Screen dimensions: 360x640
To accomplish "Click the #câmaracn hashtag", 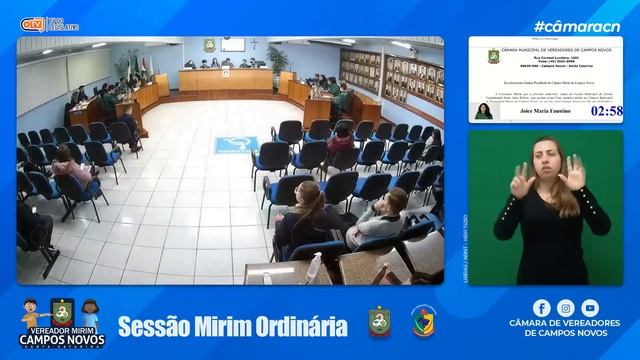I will coord(570,26).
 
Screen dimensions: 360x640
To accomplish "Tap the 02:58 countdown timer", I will coord(606,111).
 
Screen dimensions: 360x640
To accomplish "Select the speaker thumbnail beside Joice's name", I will coord(484,110).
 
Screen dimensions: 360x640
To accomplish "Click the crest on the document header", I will coord(493,56).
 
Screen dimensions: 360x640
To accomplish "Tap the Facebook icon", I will coord(541,308).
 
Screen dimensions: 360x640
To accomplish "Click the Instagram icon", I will coord(566,308).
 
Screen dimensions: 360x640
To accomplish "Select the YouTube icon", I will coord(590,308).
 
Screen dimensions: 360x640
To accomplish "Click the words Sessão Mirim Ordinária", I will coord(233,326).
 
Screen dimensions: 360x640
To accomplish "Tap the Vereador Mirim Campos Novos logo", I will coord(61,322).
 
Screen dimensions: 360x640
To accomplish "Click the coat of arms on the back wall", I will coord(209,46).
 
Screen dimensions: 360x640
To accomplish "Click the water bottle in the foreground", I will coord(316,268).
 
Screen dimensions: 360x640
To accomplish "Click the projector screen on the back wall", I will coord(232,44).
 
